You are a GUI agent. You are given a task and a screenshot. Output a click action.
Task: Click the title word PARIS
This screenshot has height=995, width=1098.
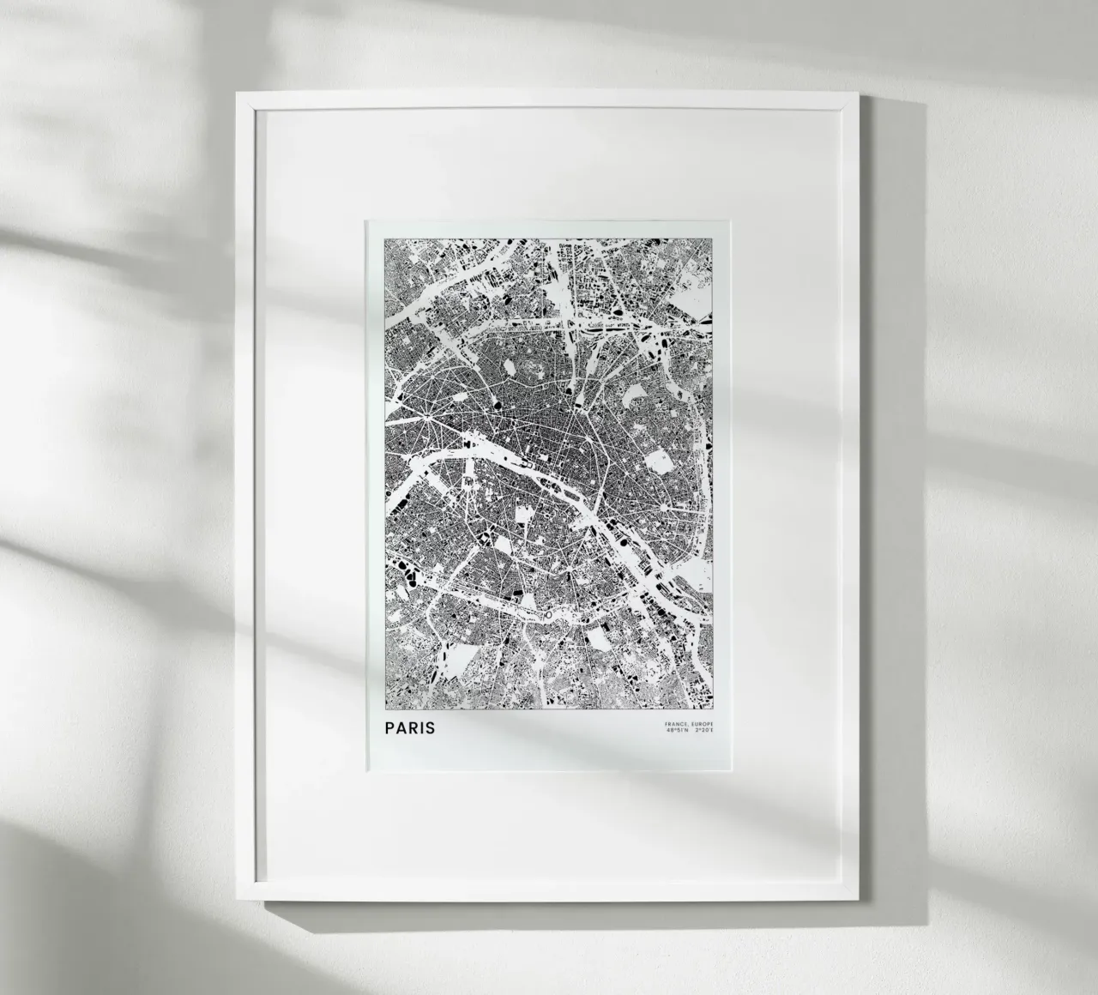coord(410,728)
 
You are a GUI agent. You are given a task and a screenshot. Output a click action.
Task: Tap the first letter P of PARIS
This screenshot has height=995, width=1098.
coord(391,728)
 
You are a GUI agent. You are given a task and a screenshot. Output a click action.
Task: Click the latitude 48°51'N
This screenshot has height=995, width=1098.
coord(676,732)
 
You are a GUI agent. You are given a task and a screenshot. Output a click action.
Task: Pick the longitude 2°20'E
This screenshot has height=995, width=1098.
coord(703,732)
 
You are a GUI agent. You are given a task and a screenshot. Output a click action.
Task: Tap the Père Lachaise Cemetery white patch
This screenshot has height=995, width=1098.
coord(660,463)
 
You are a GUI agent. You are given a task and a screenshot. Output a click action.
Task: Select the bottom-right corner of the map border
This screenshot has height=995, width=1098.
coord(713,710)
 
